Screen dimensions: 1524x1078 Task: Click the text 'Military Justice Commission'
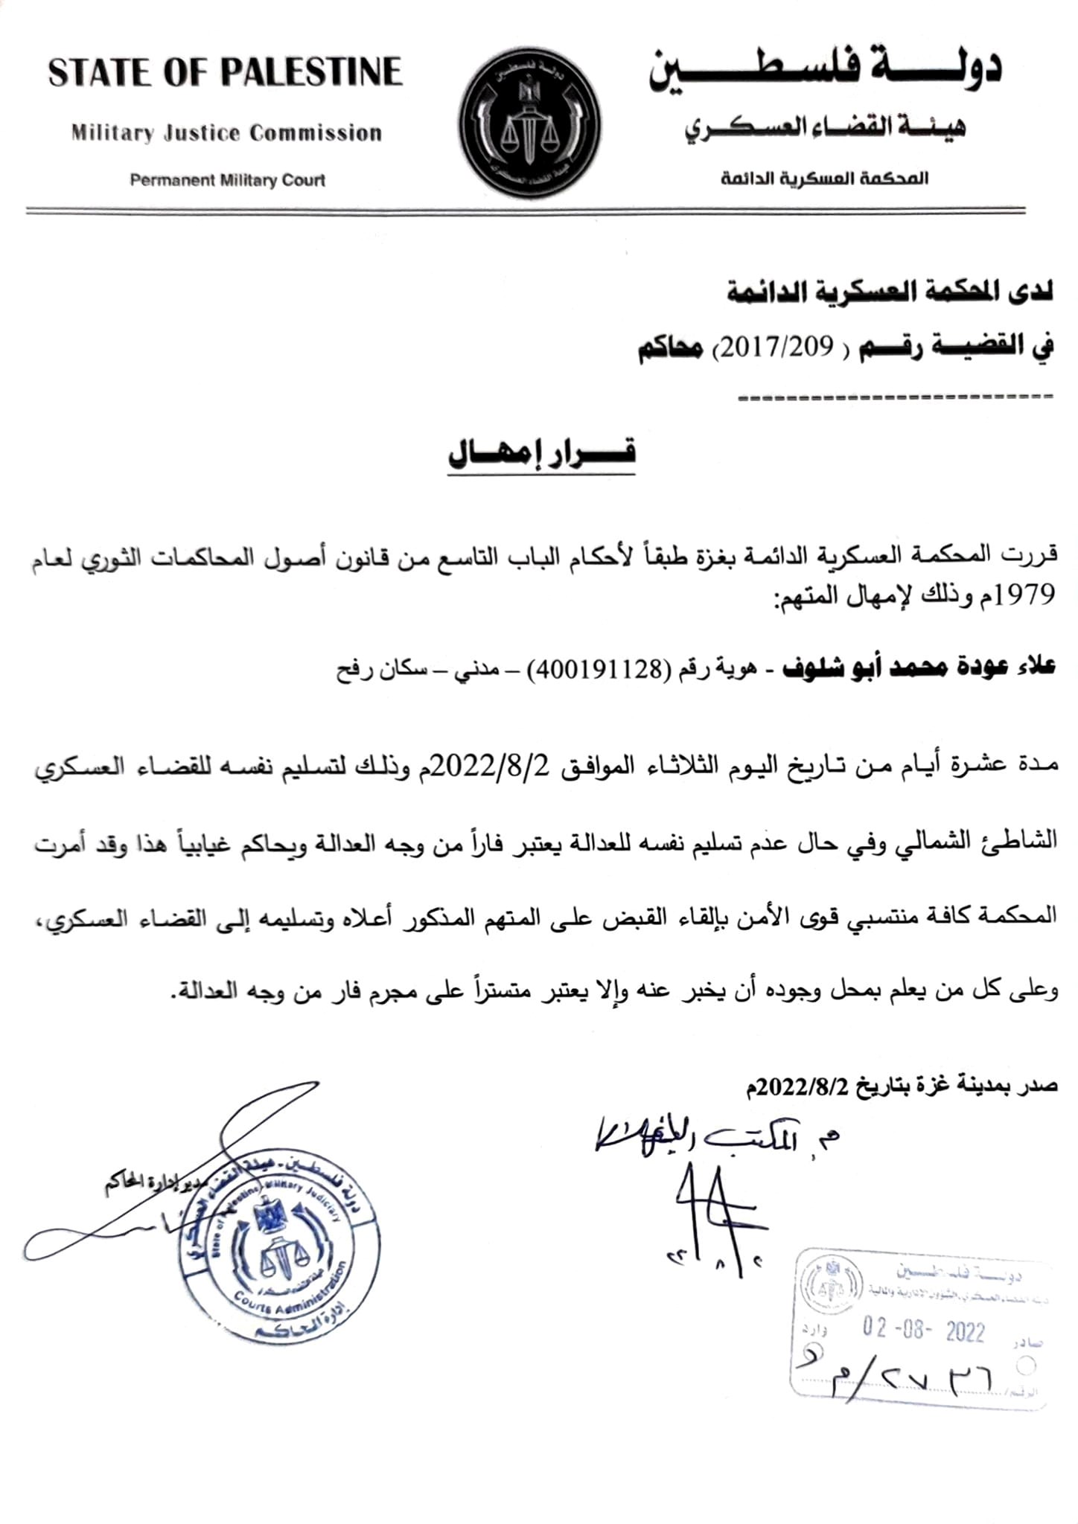tap(226, 134)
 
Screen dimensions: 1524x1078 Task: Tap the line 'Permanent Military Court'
tap(227, 180)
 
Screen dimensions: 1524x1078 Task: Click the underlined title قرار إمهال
tap(541, 454)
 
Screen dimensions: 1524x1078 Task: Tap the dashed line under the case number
tap(896, 397)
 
